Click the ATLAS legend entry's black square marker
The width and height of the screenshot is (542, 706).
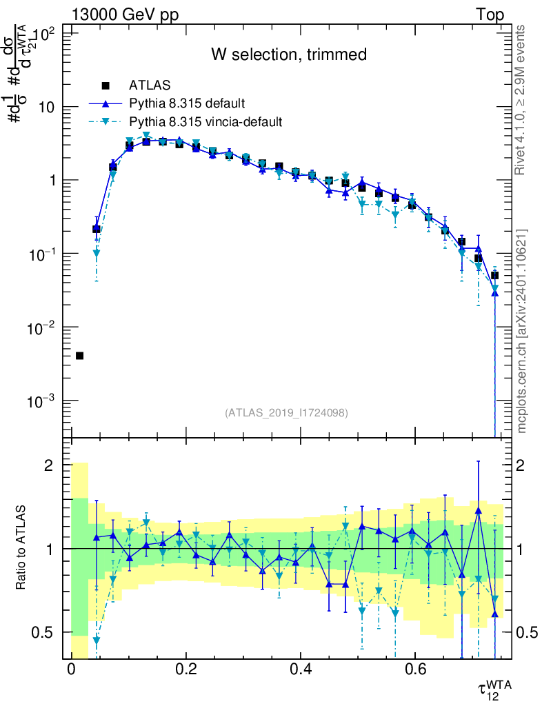106,85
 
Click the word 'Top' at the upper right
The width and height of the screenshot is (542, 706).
489,15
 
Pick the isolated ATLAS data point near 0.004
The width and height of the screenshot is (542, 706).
79,356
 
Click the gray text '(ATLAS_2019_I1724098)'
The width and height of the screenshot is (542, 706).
285,413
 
